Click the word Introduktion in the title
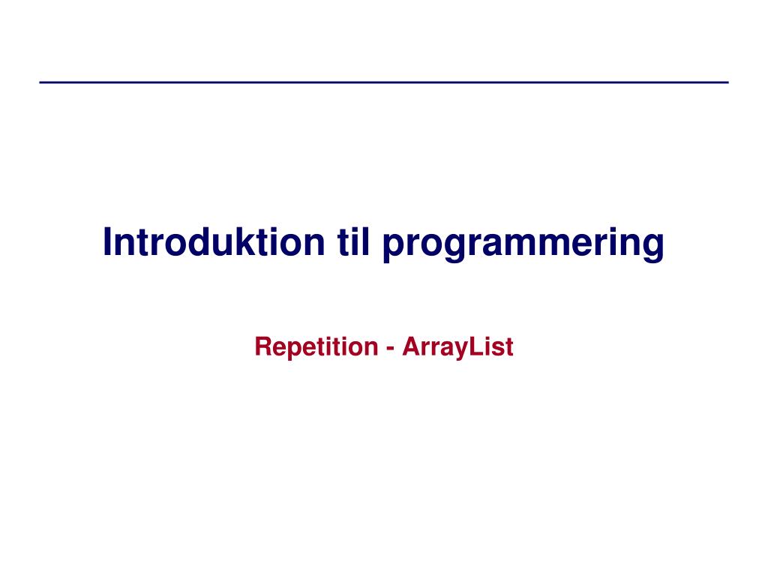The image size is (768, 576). [x=214, y=241]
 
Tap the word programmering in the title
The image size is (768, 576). [x=523, y=244]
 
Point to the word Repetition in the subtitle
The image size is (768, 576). [x=316, y=346]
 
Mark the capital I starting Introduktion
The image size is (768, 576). [x=107, y=241]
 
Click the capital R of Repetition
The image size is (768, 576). [x=264, y=346]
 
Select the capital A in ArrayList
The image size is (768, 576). [x=412, y=346]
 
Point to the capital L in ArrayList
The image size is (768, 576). [x=477, y=346]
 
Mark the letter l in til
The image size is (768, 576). [x=365, y=241]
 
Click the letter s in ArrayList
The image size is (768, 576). [x=499, y=349]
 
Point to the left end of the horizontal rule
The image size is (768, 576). [x=40, y=82]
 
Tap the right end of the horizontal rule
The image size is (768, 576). [x=729, y=82]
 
